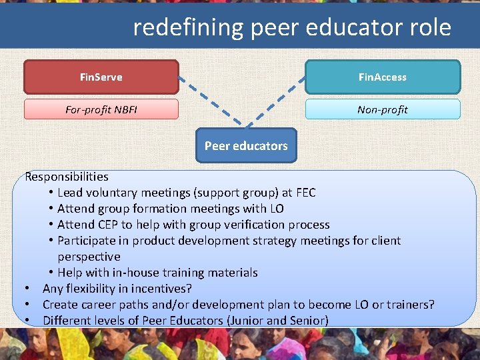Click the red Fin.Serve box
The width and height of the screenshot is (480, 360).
[x=101, y=77]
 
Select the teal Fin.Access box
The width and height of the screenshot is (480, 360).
[x=382, y=77]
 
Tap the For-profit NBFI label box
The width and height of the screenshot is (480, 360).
[x=101, y=109]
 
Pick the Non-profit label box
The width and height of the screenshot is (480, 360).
[x=382, y=109]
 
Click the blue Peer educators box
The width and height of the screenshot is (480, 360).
[x=246, y=145]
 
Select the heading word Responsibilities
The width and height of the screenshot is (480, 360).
[x=67, y=177]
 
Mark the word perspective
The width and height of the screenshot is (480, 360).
[x=89, y=257]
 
